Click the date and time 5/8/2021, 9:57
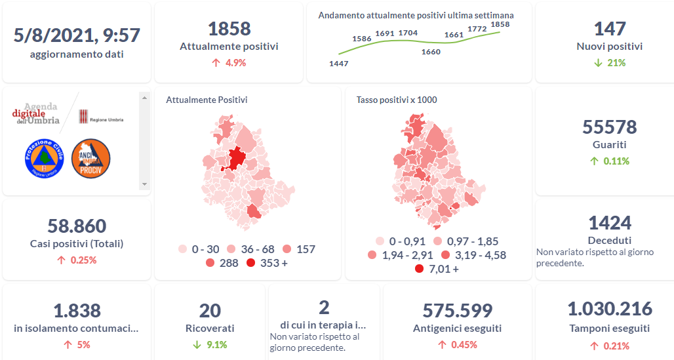pyautogui.click(x=77, y=35)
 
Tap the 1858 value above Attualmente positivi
pyautogui.click(x=229, y=29)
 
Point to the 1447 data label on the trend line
pyautogui.click(x=338, y=64)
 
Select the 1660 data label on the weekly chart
pyautogui.click(x=431, y=52)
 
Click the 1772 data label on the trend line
pyautogui.click(x=477, y=29)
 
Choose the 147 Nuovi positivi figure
pyautogui.click(x=609, y=29)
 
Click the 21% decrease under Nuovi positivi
pyautogui.click(x=609, y=63)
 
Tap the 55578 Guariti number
pyautogui.click(x=609, y=127)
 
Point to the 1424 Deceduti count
pyautogui.click(x=609, y=223)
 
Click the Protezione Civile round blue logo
pyautogui.click(x=44, y=158)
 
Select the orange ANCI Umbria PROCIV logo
pyautogui.click(x=90, y=158)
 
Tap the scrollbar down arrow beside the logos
pyautogui.click(x=145, y=184)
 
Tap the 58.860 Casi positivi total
pyautogui.click(x=77, y=226)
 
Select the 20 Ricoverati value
pyautogui.click(x=210, y=311)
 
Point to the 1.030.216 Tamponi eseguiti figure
pyautogui.click(x=609, y=310)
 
